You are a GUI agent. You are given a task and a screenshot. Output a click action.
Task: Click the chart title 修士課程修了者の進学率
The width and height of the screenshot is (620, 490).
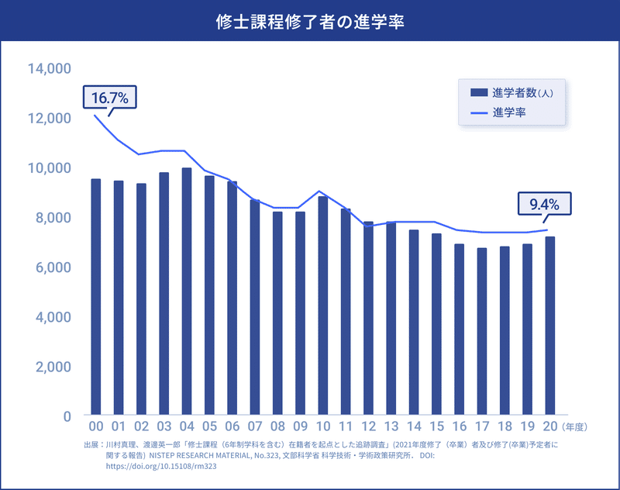click(x=310, y=20)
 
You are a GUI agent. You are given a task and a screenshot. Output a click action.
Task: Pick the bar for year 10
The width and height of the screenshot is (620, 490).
click(x=323, y=305)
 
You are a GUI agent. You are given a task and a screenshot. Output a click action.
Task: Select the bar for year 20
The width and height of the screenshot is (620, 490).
click(x=550, y=326)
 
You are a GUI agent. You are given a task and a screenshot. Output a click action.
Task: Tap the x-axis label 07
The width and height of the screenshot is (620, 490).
click(x=255, y=427)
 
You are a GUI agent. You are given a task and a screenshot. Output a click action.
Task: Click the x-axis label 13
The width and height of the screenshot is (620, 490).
click(x=391, y=427)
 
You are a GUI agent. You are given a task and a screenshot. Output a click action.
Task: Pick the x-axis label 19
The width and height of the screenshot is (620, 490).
click(x=528, y=427)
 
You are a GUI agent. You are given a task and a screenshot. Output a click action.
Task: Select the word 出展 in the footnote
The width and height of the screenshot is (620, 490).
click(x=91, y=446)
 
